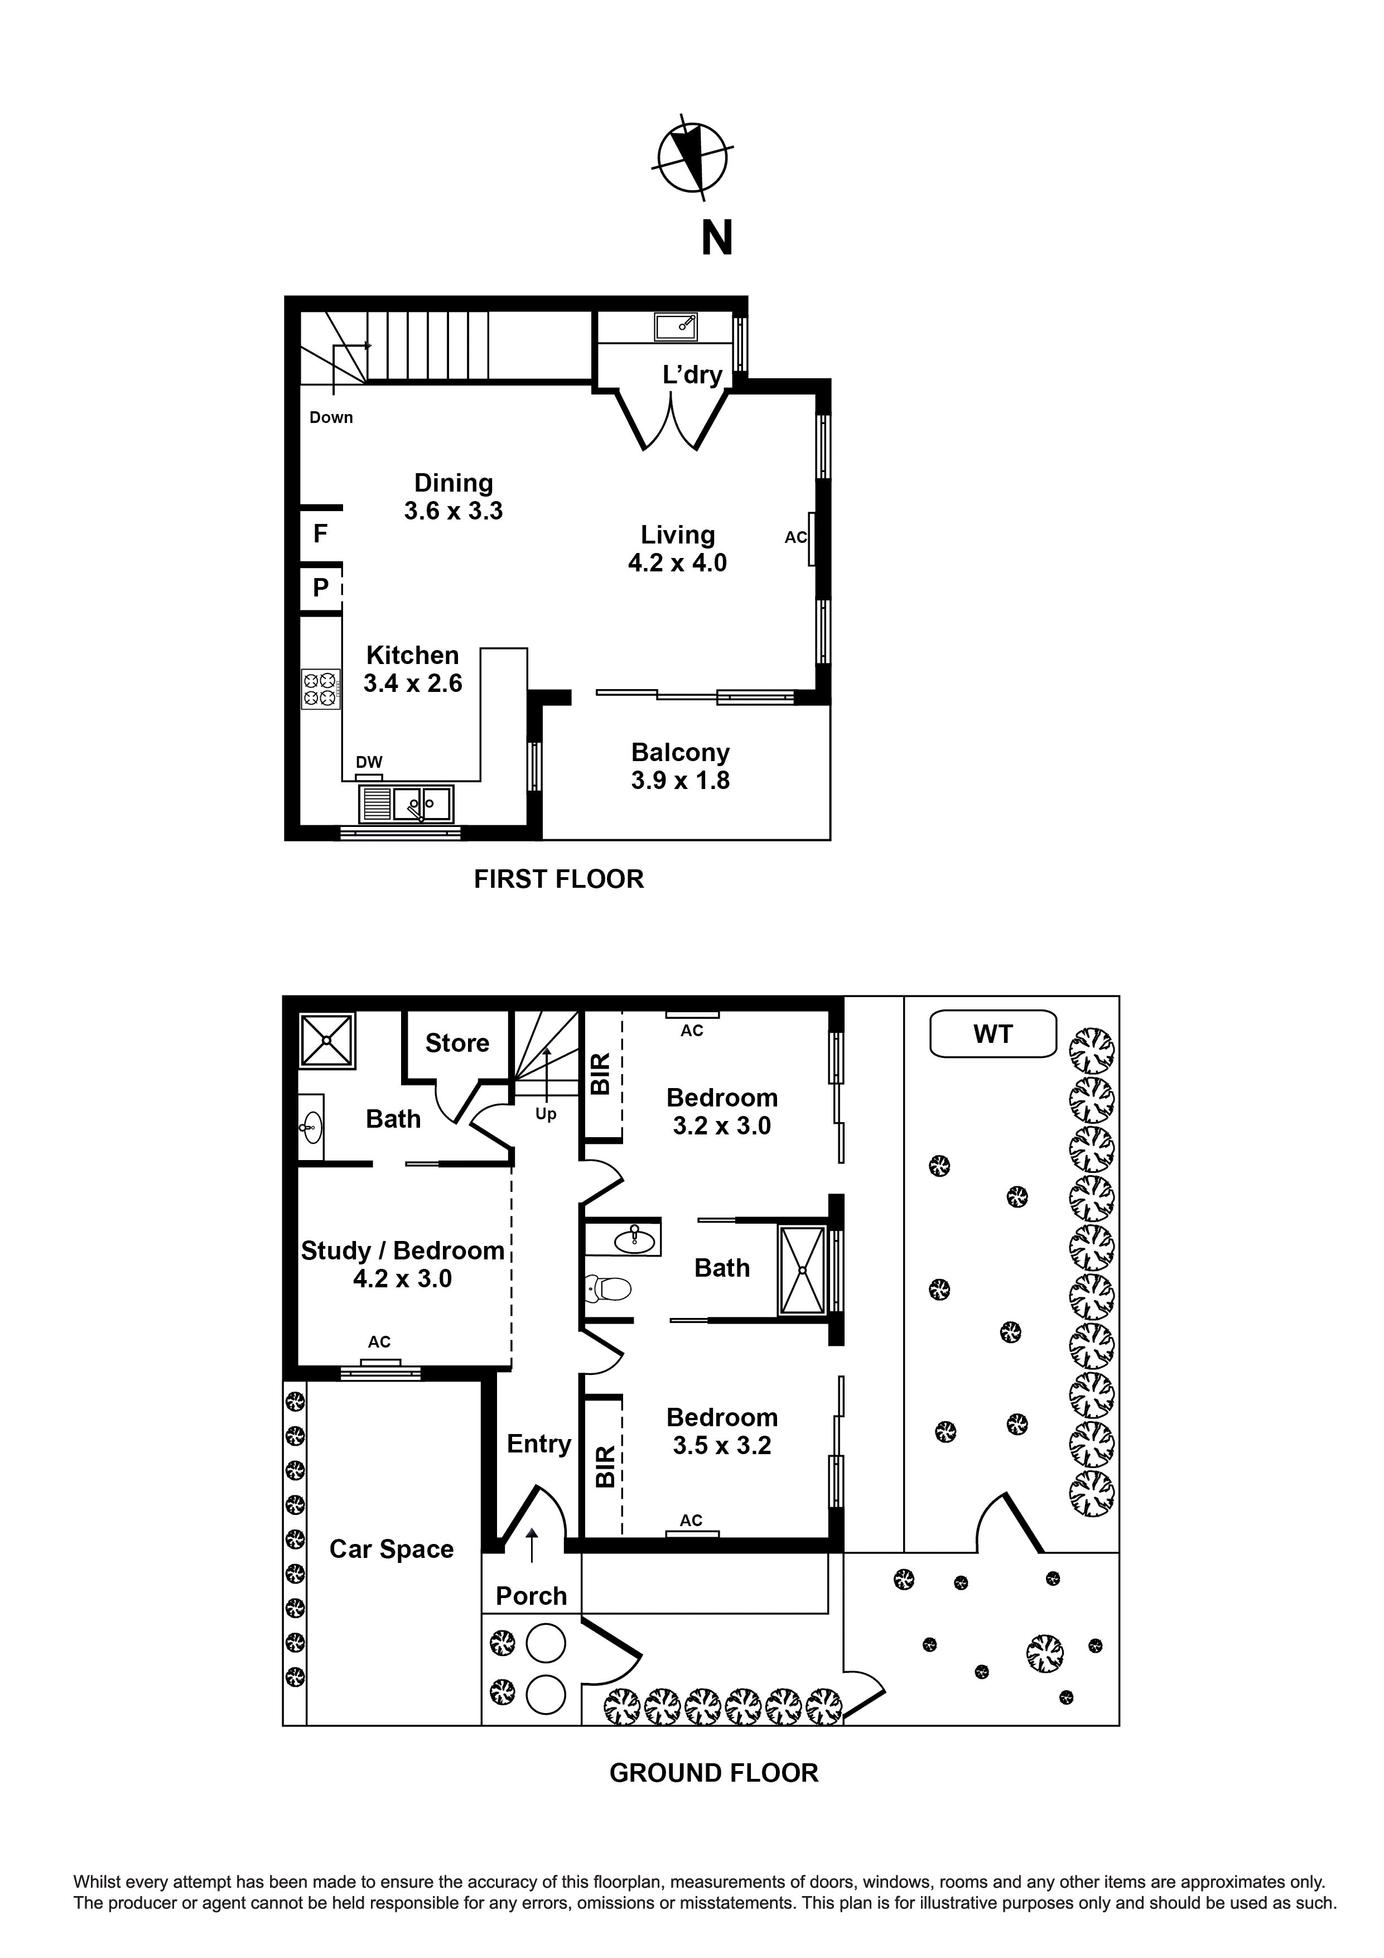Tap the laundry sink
[676, 326]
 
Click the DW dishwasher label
[369, 762]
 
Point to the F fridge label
[321, 534]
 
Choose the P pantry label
[321, 588]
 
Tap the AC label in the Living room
[795, 537]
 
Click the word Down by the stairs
[331, 417]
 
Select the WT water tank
[992, 1035]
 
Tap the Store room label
[457, 1043]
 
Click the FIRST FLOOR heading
[558, 879]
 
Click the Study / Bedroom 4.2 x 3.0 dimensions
[403, 1278]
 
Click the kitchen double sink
[421, 804]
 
